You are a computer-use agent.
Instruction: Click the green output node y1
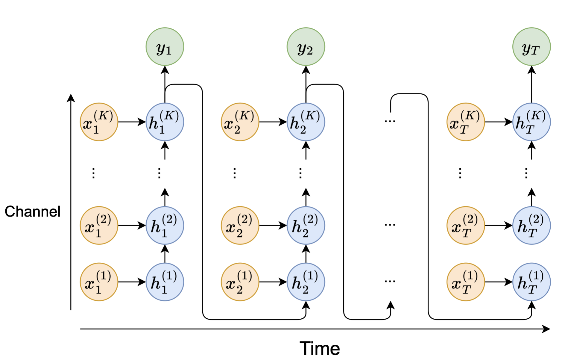coord(165,47)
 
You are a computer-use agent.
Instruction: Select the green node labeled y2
coord(306,47)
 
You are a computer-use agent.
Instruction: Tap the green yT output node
coord(531,47)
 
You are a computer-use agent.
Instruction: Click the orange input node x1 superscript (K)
coord(99,122)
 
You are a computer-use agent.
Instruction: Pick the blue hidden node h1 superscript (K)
coord(165,122)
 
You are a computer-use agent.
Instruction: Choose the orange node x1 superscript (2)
coord(99,225)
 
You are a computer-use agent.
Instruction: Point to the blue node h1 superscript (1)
coord(165,282)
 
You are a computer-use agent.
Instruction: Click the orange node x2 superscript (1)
coord(240,282)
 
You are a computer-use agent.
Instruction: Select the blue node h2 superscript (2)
coord(306,225)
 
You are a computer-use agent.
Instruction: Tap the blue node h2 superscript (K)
coord(306,122)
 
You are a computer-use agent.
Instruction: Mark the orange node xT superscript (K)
coord(465,122)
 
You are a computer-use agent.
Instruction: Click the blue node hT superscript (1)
coord(531,282)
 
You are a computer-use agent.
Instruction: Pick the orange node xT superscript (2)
coord(465,225)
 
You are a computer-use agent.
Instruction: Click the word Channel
coord(32,211)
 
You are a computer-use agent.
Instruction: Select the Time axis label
coord(320,348)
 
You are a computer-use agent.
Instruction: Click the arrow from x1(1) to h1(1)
coord(132,282)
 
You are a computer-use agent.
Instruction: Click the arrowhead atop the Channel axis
coord(71,98)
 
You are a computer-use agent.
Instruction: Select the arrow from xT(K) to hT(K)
coord(498,122)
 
